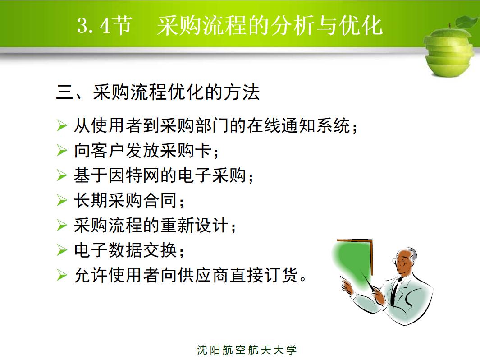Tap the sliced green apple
(x=448, y=52)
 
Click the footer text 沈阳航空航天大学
(x=247, y=350)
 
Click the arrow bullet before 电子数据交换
(x=62, y=250)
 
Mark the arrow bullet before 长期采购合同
(x=62, y=200)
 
